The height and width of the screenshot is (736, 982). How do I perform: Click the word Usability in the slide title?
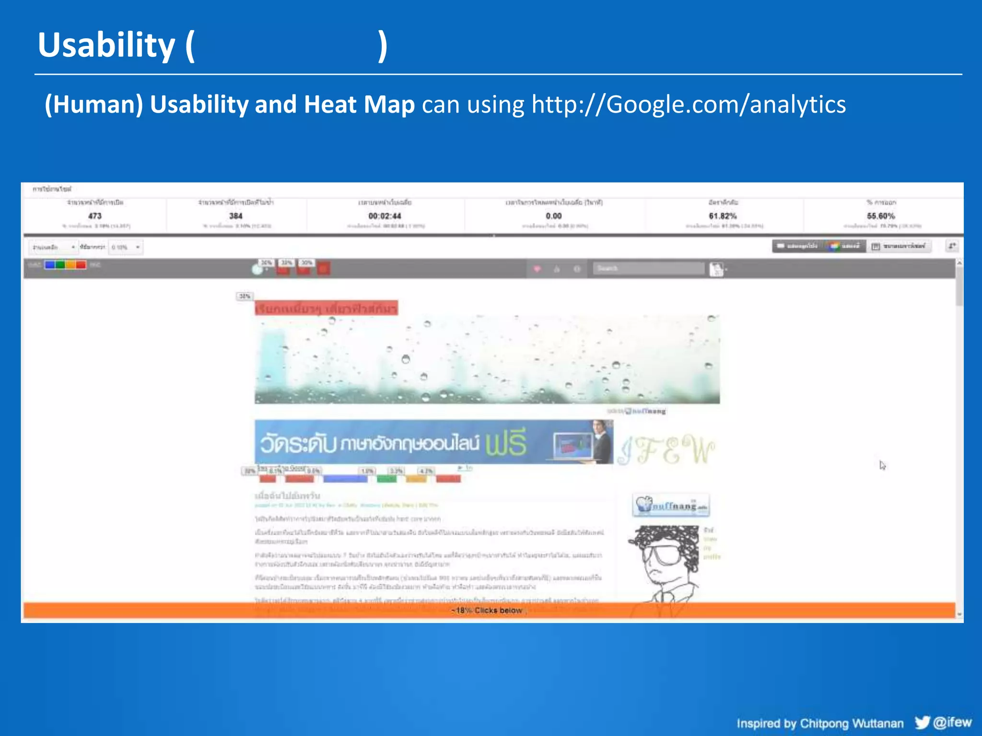[106, 46]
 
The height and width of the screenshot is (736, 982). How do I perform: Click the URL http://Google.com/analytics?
[689, 104]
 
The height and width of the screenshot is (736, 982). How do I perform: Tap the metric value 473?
[95, 216]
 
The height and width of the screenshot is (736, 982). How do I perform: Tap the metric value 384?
[235, 216]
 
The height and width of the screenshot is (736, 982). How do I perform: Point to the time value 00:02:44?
[385, 216]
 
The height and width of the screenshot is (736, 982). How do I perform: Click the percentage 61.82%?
[723, 216]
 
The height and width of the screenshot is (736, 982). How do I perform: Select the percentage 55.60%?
[881, 216]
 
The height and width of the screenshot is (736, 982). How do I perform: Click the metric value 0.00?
[553, 216]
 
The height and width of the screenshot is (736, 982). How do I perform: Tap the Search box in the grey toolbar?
[648, 268]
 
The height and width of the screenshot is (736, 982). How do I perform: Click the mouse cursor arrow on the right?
[882, 465]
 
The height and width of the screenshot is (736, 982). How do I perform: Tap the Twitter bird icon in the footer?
[922, 722]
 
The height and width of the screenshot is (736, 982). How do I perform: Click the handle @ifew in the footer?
[953, 722]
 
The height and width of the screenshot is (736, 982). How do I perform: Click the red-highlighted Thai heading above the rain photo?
[326, 308]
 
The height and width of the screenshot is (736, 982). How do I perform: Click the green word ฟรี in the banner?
[506, 442]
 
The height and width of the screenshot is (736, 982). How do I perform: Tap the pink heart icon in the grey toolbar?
[537, 269]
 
